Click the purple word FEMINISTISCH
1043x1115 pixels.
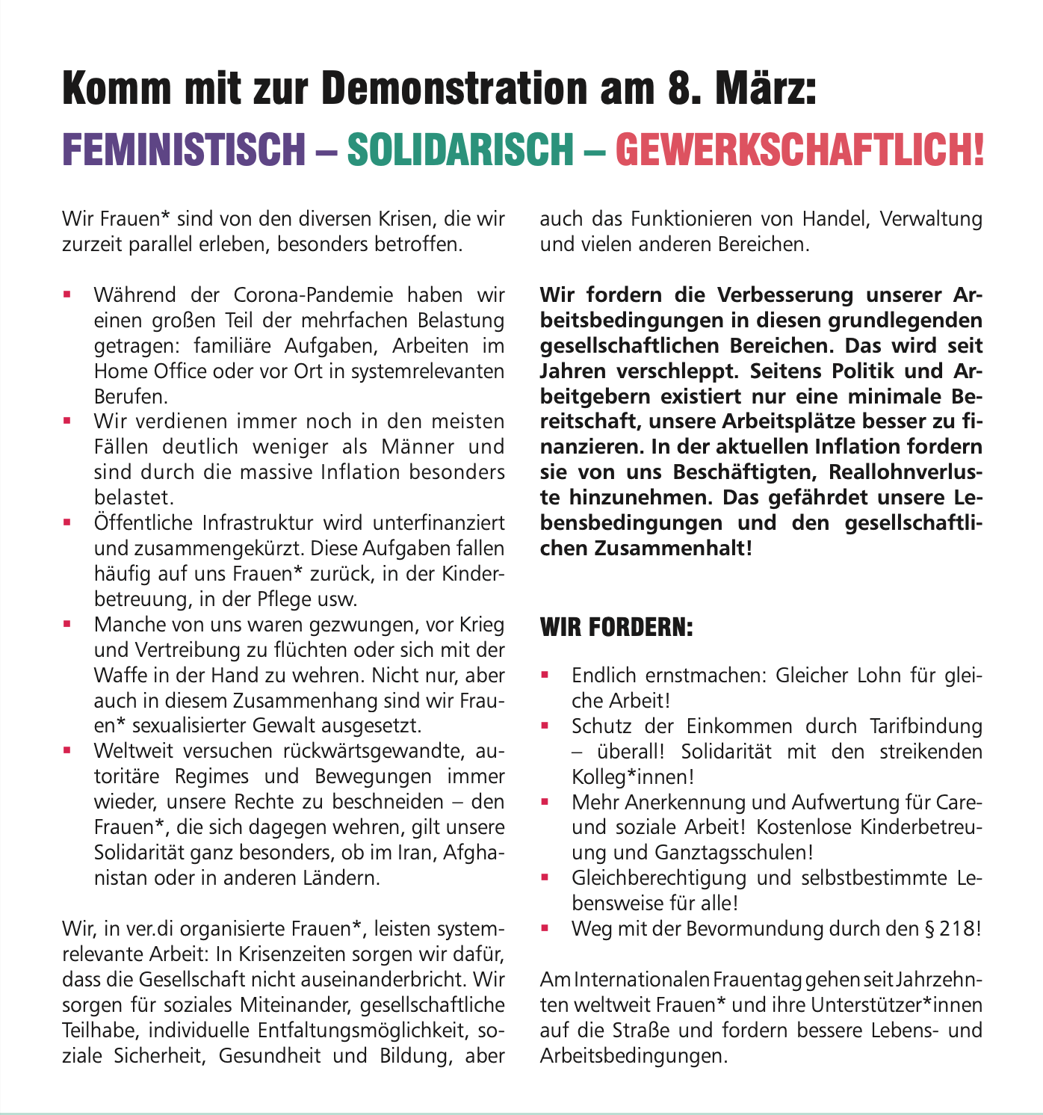pos(184,149)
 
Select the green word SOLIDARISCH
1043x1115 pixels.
pos(459,149)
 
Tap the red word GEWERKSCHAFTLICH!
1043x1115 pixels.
pos(799,149)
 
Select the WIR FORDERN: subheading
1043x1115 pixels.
pos(616,626)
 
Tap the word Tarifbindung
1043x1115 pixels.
pos(926,726)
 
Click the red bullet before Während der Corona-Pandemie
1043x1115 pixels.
pos(67,295)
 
